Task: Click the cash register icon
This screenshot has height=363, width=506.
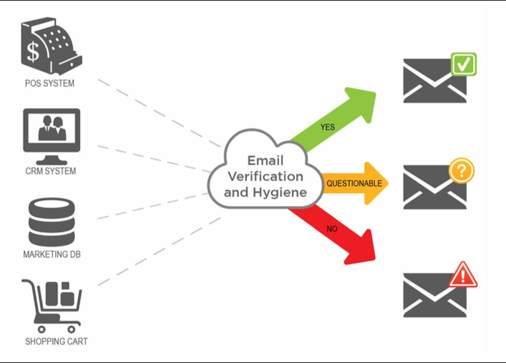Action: coord(52,46)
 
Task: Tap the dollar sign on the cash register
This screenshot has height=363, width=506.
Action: coord(33,52)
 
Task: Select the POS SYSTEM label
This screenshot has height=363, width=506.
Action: coord(50,83)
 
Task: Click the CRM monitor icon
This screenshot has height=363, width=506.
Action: coord(52,136)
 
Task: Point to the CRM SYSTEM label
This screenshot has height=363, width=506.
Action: coord(50,171)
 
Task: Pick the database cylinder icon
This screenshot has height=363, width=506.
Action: coord(52,222)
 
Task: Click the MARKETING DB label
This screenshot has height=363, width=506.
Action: coord(52,254)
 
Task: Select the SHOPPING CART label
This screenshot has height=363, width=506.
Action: coord(56,341)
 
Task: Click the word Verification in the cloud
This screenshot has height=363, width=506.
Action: coord(266,176)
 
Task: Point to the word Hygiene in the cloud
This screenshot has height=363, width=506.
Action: coord(279,193)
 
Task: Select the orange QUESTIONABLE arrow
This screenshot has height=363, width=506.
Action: coord(355,183)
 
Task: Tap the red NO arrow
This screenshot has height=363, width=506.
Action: coord(333,235)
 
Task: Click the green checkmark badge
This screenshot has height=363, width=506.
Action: coord(464,64)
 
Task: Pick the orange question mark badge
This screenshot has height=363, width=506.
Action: coord(462,171)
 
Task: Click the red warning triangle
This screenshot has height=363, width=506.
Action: coord(463,275)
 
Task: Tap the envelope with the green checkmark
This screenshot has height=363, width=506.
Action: coord(434,81)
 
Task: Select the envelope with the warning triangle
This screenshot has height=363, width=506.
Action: coord(434,295)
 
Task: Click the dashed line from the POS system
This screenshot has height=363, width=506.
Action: coord(160,113)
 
